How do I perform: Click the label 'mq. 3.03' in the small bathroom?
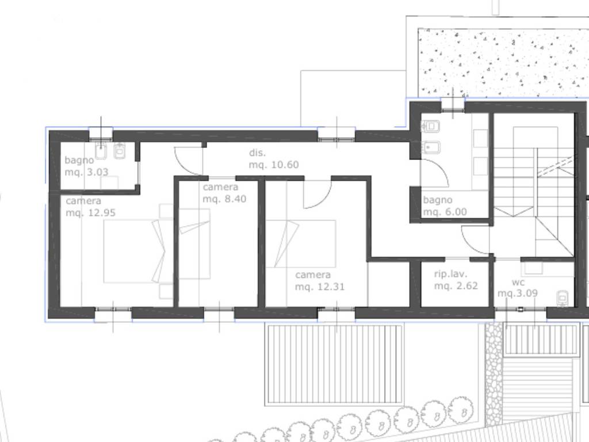86,172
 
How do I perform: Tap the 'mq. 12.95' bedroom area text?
90,213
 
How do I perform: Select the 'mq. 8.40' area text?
225,199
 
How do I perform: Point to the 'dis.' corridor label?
257,153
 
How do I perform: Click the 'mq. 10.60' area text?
274,165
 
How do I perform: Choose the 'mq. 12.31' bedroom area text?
320,287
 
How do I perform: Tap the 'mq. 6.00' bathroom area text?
445,212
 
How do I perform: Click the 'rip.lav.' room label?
451,274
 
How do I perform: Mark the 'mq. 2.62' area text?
456,286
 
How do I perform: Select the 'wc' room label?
518,282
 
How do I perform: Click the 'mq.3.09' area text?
518,293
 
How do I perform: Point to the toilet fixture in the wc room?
562,298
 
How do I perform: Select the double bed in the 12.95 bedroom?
134,251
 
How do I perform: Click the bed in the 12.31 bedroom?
300,244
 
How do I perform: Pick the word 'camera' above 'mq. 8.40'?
220,187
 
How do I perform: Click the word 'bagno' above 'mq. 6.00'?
438,200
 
